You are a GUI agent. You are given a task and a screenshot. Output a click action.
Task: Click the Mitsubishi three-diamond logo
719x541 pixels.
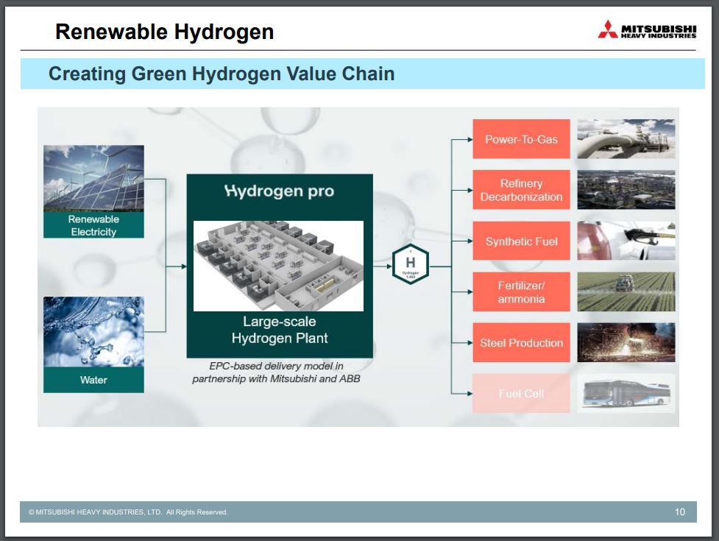point(607,30)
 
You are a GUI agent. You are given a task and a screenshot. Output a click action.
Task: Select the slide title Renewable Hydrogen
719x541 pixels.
point(164,32)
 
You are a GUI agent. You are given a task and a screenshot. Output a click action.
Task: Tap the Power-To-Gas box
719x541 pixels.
point(521,139)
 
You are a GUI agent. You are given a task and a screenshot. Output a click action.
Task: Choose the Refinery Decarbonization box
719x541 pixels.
point(521,190)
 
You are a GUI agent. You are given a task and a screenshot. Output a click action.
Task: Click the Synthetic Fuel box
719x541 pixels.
point(521,241)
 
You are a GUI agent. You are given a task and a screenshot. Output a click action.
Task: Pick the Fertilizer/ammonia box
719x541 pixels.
point(521,292)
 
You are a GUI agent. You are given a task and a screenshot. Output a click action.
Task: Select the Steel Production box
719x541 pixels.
point(521,343)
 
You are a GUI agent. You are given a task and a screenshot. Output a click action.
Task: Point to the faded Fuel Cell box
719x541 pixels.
point(521,394)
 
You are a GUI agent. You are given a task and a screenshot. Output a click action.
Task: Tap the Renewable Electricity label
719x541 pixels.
point(93,225)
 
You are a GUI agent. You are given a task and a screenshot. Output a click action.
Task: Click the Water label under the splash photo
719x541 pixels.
point(93,380)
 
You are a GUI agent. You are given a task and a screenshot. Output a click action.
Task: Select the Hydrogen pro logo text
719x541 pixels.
point(279,191)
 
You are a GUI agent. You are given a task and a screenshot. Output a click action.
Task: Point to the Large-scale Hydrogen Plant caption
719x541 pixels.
point(280,330)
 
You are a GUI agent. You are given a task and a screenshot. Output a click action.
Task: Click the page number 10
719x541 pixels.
point(679,512)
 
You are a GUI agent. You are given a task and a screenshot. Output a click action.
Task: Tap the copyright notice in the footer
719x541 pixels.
point(128,512)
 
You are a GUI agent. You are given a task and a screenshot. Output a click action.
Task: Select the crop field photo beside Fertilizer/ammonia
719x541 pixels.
point(626,292)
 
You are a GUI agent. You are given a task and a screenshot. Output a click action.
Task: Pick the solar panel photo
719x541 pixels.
point(93,178)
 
